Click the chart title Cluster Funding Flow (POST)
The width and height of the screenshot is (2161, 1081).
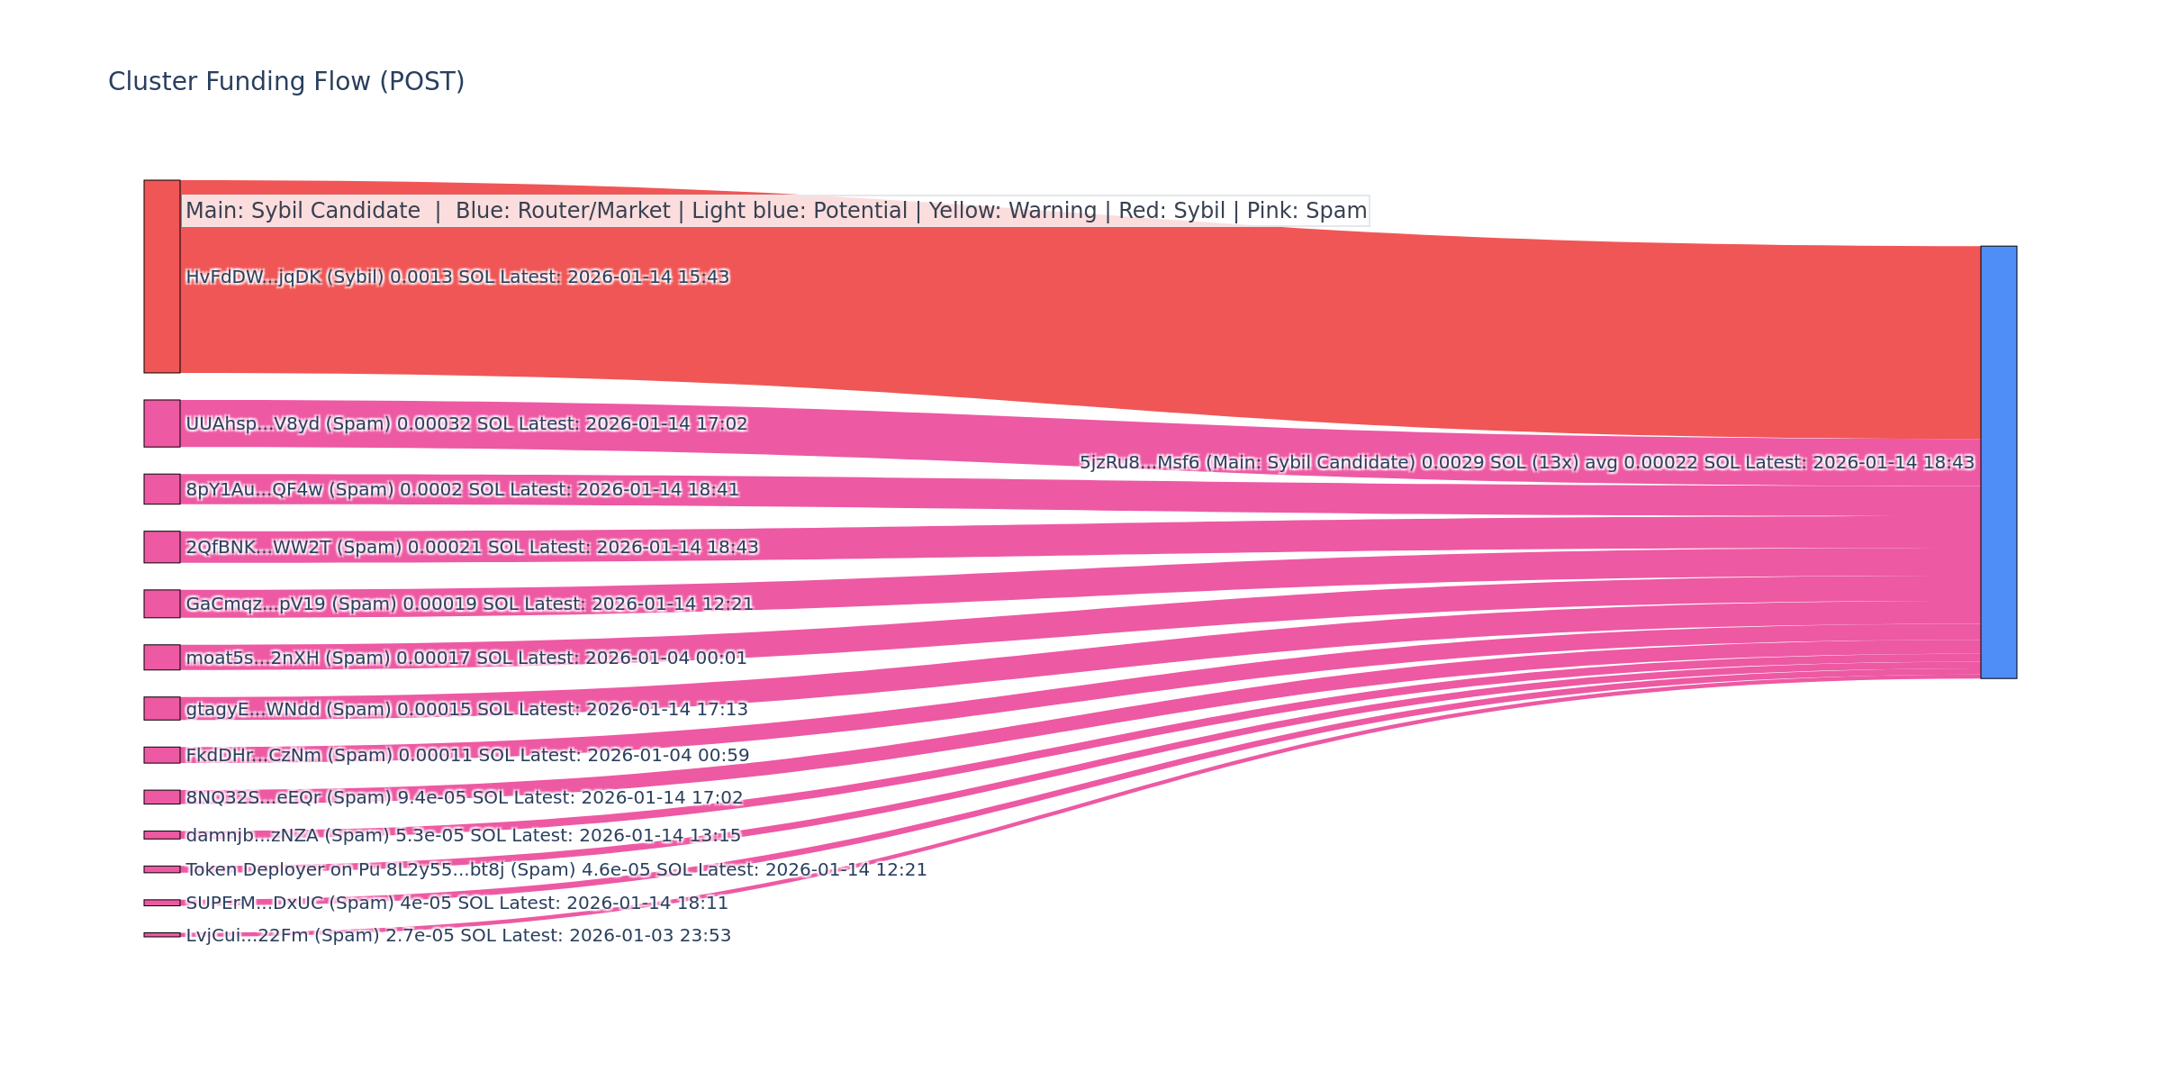pos(286,82)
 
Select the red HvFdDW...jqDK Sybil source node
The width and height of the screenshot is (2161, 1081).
pos(162,277)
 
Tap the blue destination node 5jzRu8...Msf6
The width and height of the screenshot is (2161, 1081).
pos(1998,462)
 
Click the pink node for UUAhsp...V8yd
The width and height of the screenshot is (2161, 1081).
pos(162,423)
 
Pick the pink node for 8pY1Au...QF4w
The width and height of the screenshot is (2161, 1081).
pos(162,489)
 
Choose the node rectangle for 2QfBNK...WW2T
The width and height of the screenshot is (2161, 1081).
pos(162,547)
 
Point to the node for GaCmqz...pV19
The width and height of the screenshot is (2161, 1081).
pos(162,604)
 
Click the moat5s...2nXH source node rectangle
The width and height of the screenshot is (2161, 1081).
pos(162,658)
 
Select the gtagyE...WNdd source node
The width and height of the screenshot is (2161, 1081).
pos(162,709)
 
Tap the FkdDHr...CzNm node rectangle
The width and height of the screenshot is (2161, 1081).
pos(162,755)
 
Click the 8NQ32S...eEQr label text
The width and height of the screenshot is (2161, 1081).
pos(465,798)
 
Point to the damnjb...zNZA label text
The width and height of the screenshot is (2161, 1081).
pos(463,836)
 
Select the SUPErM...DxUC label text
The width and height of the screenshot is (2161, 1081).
pos(457,904)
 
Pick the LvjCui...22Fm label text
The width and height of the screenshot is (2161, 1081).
pos(458,936)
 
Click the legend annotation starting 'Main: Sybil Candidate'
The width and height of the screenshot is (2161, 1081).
pos(775,211)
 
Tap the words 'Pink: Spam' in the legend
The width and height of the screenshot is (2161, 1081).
pos(1307,211)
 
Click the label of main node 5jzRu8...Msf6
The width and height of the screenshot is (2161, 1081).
pos(1526,463)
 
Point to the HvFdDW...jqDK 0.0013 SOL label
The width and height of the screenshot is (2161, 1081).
pos(457,277)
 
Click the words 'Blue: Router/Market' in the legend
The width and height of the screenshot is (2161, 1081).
pos(563,211)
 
